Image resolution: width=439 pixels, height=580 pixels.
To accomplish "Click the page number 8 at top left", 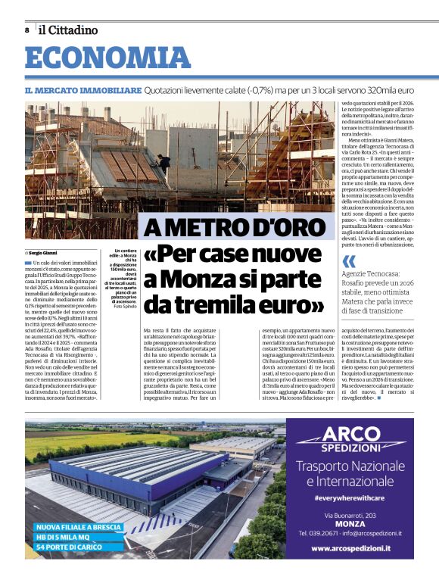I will point(27,30).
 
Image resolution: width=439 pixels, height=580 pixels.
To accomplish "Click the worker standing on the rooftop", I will point(160,161).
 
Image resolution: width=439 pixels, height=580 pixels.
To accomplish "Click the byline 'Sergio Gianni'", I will point(42,253).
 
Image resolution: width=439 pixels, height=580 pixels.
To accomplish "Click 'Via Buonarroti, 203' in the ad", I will point(350,515).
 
